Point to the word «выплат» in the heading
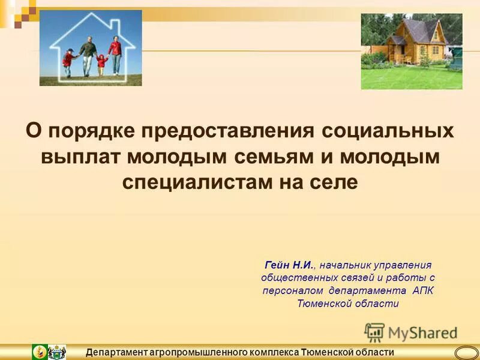pyautogui.click(x=80, y=157)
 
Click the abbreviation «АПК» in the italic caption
pyautogui.click(x=422, y=290)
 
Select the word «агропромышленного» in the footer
pyautogui.click(x=200, y=352)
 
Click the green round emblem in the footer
pyautogui.click(x=40, y=352)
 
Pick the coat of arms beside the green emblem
pyautogui.click(x=57, y=352)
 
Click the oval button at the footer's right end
pyautogui.click(x=466, y=352)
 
